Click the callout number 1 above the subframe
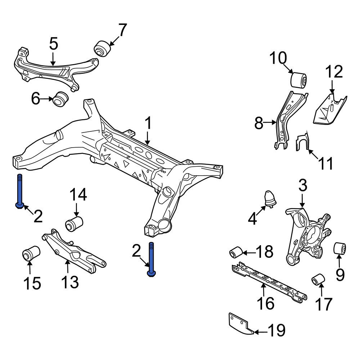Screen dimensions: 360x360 [x=147, y=125]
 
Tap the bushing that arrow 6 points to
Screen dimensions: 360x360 [x=60, y=99]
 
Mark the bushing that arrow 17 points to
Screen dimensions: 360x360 [x=318, y=280]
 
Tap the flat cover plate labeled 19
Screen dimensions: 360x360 [x=239, y=324]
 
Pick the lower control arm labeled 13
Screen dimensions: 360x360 [x=76, y=252]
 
